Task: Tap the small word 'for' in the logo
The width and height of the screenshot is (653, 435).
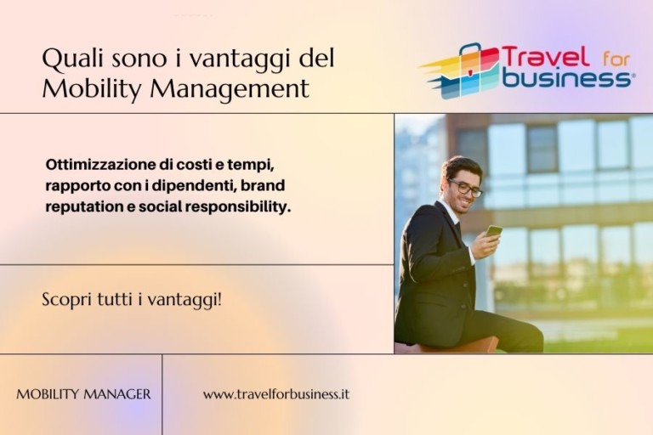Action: coord(616,59)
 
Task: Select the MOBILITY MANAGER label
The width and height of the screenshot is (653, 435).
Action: coord(83,394)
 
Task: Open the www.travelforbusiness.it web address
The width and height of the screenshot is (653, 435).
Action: coord(276,394)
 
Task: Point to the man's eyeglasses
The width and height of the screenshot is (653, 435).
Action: coord(466,189)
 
